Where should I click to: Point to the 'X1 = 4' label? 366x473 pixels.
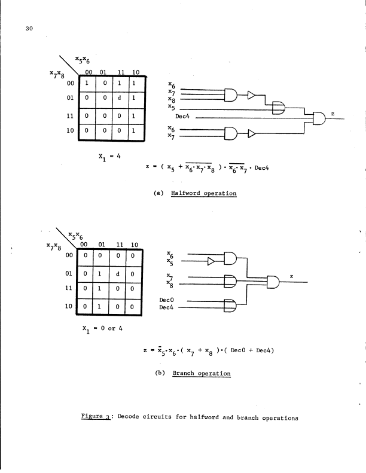pos(110,157)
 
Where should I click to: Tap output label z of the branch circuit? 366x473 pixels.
pos(291,276)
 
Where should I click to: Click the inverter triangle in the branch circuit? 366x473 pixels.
pos(212,260)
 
